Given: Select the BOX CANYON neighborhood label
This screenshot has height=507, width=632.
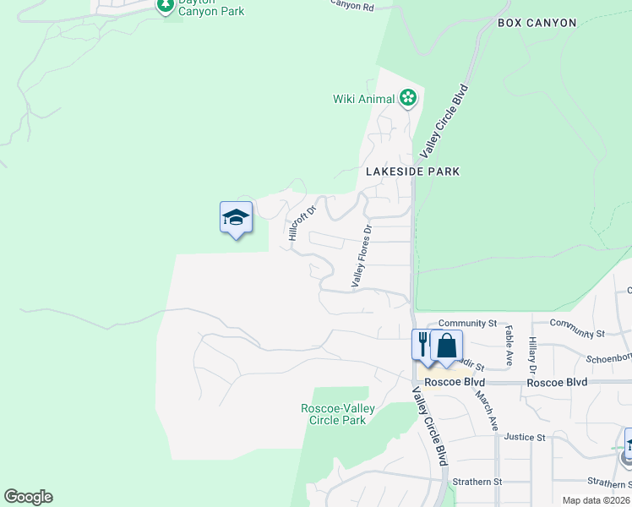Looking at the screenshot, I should pyautogui.click(x=537, y=23).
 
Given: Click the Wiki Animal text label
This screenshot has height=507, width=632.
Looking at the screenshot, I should pyautogui.click(x=363, y=99).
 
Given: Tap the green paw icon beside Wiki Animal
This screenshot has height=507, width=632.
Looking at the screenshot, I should pyautogui.click(x=408, y=99).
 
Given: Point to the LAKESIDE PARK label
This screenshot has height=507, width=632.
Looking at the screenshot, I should pyautogui.click(x=412, y=172).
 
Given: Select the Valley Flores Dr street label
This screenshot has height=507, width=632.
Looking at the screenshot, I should pyautogui.click(x=361, y=255).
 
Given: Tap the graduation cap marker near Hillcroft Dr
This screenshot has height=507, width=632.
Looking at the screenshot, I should pyautogui.click(x=236, y=219).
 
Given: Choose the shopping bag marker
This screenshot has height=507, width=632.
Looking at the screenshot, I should pyautogui.click(x=446, y=346).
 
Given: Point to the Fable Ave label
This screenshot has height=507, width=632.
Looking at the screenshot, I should pyautogui.click(x=509, y=342).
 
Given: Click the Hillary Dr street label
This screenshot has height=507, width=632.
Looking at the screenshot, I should pyautogui.click(x=532, y=354).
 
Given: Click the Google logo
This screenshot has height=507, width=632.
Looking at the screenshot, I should pyautogui.click(x=28, y=497).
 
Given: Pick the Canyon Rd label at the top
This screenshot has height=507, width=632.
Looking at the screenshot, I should pyautogui.click(x=351, y=5).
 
